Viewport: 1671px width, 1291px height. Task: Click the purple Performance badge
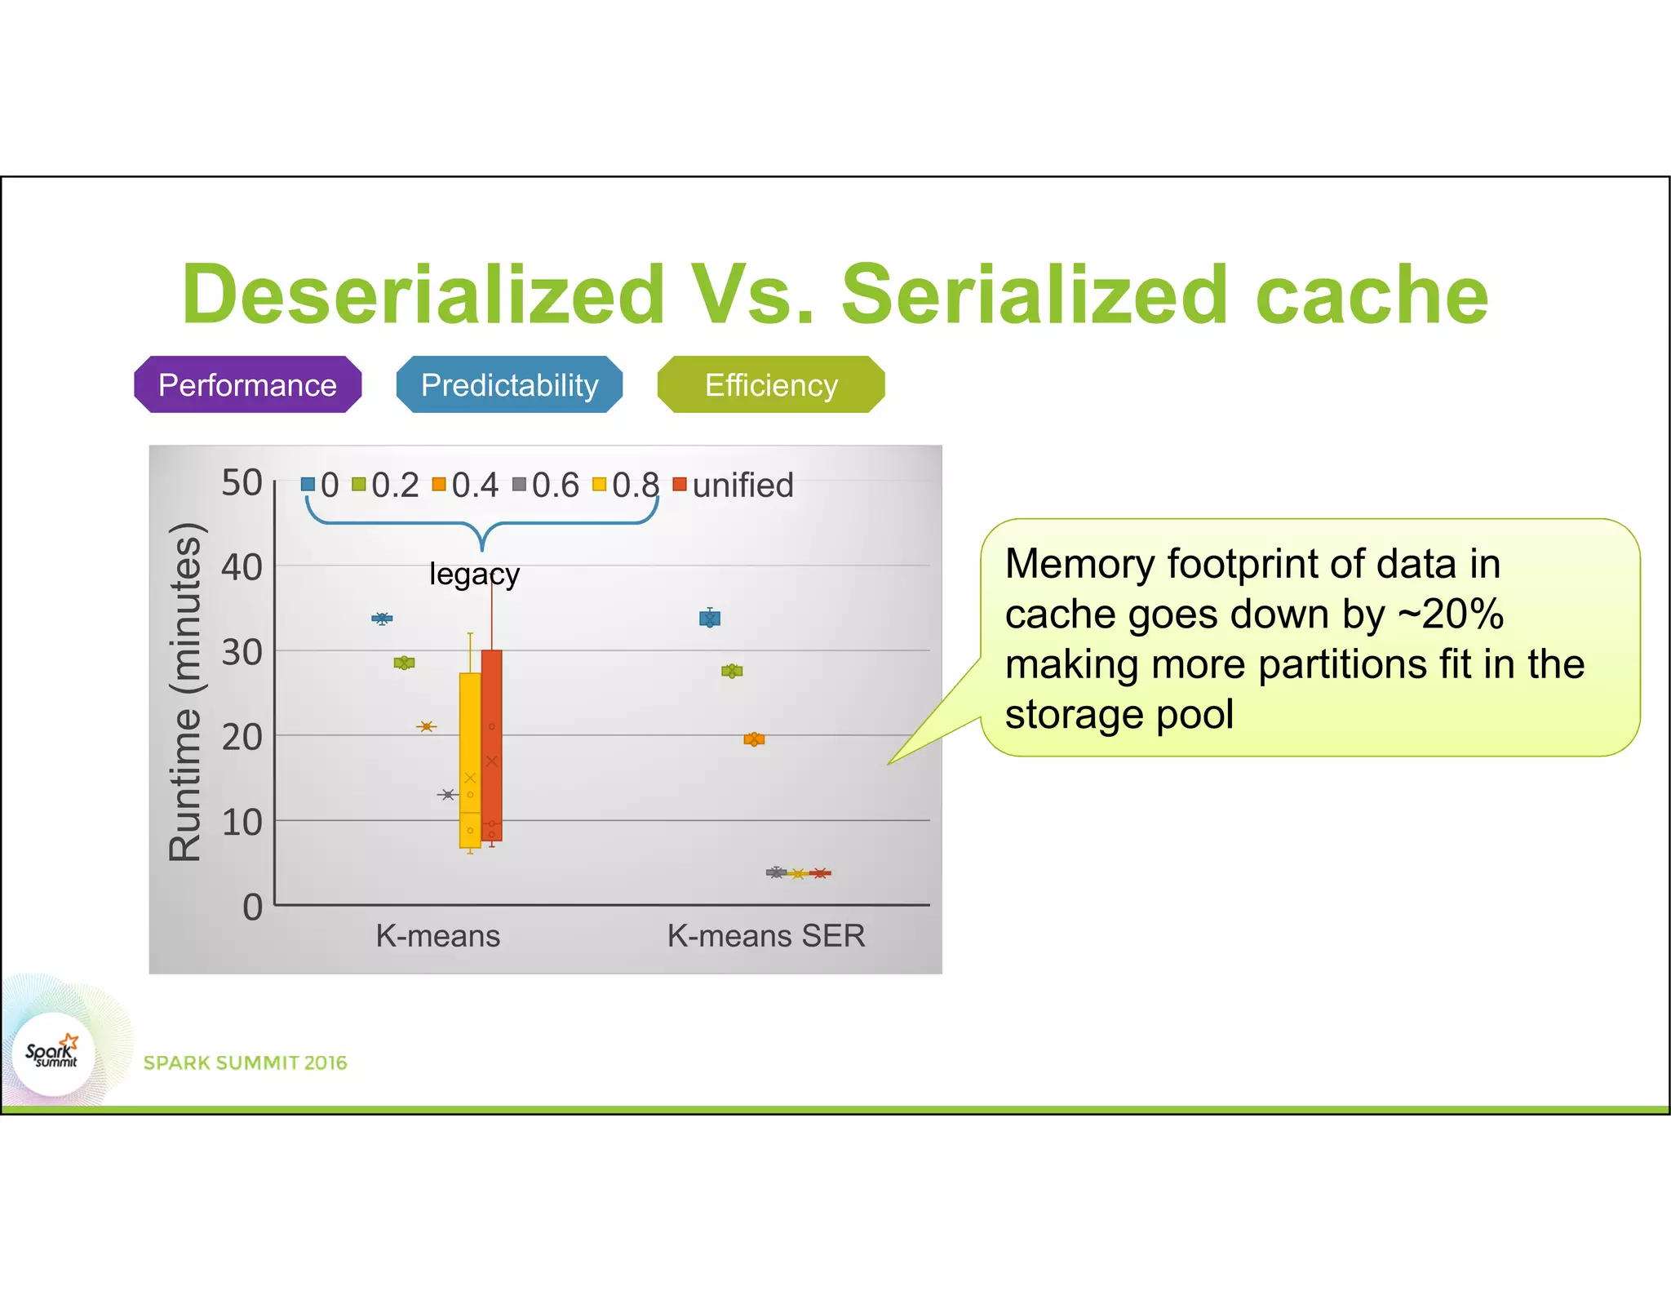247,384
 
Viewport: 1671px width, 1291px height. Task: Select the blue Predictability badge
509,384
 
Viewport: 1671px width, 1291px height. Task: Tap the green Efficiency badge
771,384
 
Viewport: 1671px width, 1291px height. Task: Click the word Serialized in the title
1034,295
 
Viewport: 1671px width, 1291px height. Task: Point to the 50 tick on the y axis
242,483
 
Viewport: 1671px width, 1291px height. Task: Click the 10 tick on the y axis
242,822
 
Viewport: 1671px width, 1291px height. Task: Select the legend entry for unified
734,486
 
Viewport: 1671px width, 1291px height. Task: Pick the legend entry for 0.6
546,486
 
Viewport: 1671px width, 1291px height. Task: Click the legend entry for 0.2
386,486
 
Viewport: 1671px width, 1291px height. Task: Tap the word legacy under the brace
474,575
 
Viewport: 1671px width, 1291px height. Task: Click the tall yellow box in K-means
470,759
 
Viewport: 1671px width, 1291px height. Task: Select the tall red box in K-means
492,744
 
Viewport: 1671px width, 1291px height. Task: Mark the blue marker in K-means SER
710,619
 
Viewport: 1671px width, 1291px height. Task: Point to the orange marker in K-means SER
754,739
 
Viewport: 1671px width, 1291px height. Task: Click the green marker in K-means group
404,663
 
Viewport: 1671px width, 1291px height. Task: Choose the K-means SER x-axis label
766,936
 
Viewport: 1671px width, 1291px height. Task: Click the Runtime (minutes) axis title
185,691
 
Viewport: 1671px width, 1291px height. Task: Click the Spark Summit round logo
54,1054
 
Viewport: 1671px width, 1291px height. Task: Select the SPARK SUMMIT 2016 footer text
245,1063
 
